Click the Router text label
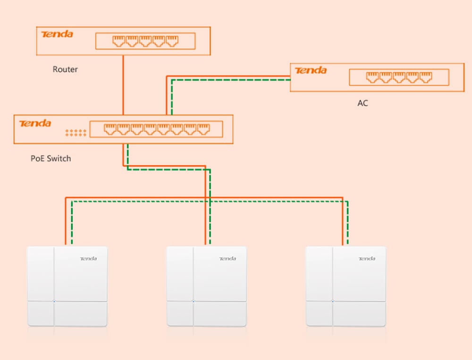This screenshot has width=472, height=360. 65,69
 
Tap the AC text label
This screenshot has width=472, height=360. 362,103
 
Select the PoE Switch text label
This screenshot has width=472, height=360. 51,159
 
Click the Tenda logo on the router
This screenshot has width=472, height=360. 57,34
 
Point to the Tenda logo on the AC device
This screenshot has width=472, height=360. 311,70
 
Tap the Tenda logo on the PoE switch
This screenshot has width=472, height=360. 35,123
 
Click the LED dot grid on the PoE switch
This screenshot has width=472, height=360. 76,133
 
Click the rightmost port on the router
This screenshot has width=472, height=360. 171,41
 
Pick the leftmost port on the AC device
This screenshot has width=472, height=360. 372,76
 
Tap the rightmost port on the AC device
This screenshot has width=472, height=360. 426,76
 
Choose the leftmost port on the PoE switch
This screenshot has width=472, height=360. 110,128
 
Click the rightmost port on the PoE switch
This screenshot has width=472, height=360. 203,128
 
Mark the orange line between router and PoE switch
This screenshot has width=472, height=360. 123,85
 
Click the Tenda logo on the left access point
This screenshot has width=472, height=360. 88,259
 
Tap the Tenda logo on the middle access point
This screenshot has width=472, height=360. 228,259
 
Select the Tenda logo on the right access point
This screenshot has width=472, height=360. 367,259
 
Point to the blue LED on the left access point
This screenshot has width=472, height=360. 54,301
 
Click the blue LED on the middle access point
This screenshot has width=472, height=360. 193,301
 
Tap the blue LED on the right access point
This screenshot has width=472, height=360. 332,301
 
